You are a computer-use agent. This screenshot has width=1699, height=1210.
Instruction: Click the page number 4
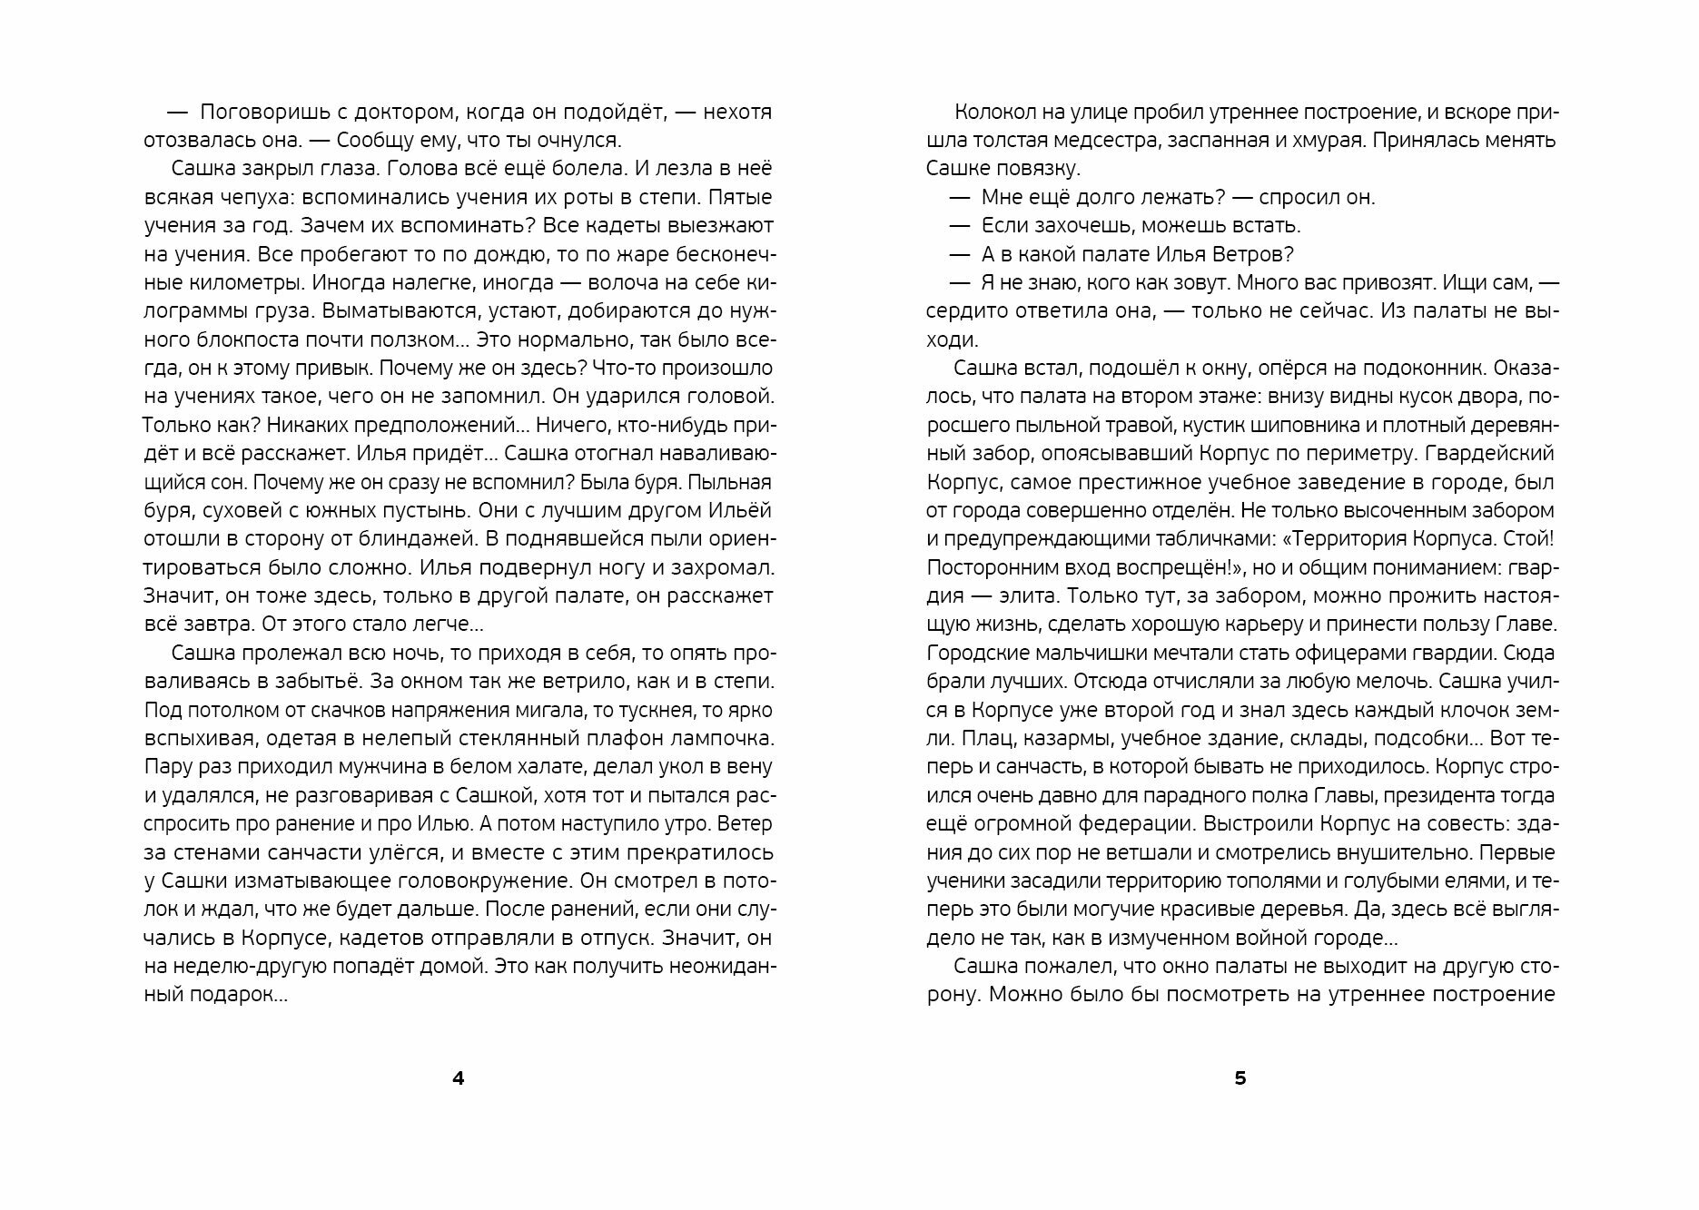458,1078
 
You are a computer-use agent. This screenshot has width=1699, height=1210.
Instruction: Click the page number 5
1240,1078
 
